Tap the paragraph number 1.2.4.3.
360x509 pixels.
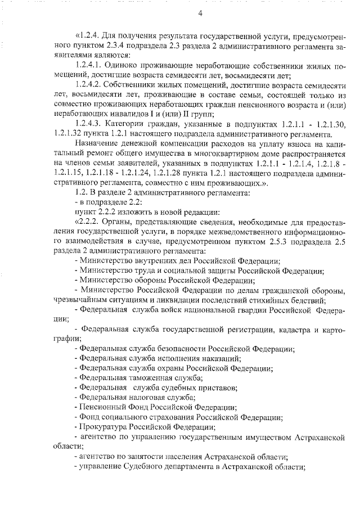click(x=89, y=124)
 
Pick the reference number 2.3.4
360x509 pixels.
click(x=119, y=47)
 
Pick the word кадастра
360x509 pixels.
click(x=292, y=329)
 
